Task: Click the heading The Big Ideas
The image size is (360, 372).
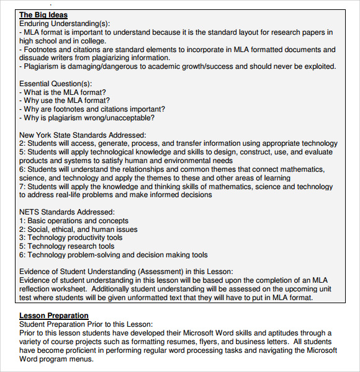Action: [x=43, y=15]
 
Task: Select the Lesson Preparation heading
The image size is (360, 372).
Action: [x=54, y=316]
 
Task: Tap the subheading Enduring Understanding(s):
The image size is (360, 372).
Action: [x=65, y=24]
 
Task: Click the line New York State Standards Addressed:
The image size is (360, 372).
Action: [x=83, y=135]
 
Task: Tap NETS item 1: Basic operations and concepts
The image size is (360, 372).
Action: [x=74, y=221]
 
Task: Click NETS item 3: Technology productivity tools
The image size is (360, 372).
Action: [x=71, y=237]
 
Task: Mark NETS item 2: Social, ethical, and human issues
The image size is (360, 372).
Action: [x=78, y=229]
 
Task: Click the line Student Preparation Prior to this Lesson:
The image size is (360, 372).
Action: [x=86, y=324]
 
